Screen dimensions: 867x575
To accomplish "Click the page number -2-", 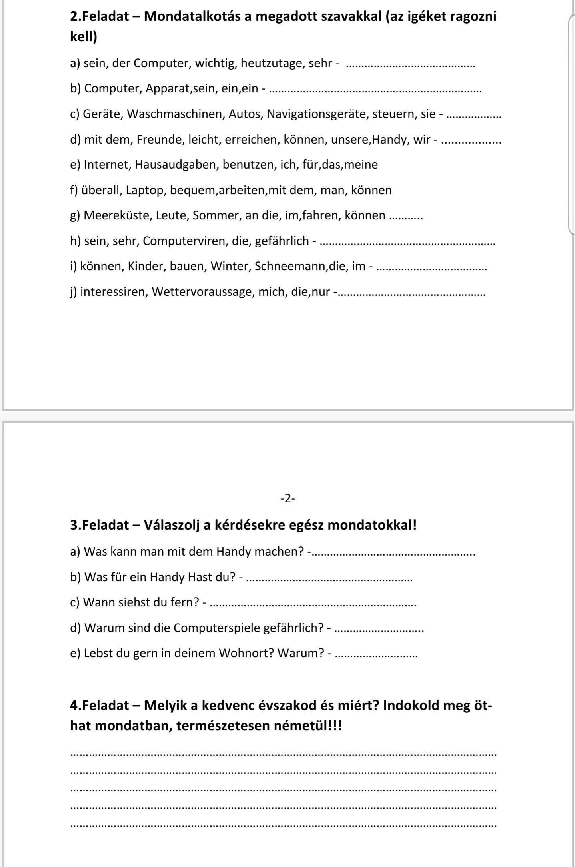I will coord(288,498).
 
